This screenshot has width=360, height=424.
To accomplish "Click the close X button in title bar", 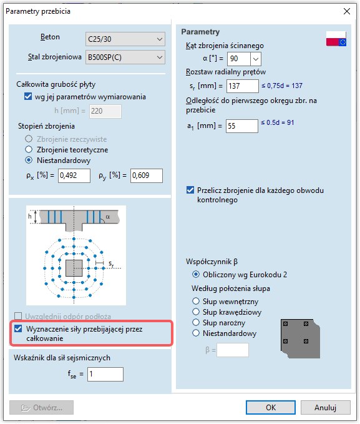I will (x=346, y=11).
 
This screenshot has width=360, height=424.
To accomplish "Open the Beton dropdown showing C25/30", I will (x=125, y=40).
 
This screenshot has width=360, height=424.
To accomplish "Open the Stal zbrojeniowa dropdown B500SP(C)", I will (x=125, y=57).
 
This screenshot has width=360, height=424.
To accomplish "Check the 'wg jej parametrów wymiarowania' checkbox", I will (x=27, y=96).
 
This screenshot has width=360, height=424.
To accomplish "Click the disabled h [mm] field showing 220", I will (x=105, y=111).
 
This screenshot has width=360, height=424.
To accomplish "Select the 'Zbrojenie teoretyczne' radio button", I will (x=28, y=150).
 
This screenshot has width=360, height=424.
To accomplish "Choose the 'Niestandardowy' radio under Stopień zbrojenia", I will (x=28, y=160).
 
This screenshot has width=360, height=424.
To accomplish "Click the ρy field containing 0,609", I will (x=146, y=175).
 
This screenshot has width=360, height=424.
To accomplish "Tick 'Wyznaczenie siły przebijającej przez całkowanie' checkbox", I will (x=19, y=329).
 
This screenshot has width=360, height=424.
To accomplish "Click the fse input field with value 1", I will (x=105, y=374).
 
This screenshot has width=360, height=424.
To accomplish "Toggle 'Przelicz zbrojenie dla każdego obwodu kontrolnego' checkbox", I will (x=191, y=190).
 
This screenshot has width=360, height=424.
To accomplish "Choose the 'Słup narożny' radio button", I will (x=197, y=322).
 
